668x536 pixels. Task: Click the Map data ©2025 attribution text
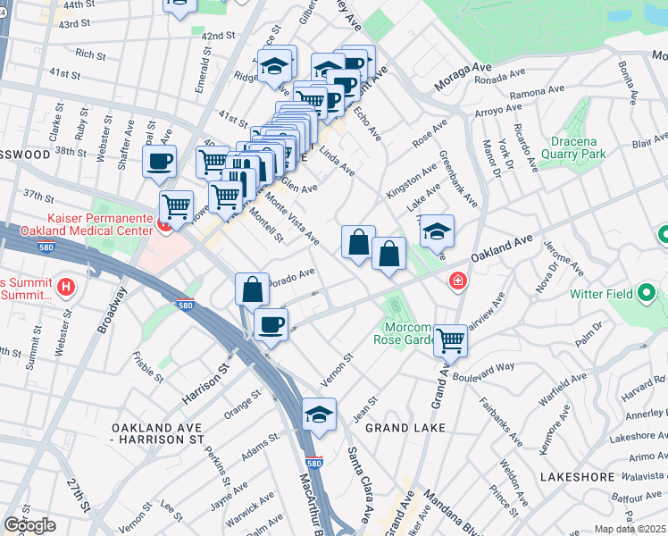[630, 529]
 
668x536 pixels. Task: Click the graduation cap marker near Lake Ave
[437, 231]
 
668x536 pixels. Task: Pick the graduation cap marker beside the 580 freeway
[319, 415]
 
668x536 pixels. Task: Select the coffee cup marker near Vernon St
[271, 325]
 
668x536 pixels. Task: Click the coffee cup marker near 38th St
[160, 163]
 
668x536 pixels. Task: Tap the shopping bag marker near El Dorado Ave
[252, 289]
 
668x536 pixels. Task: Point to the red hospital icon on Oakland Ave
[458, 281]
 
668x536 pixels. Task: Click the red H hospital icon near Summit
[65, 288]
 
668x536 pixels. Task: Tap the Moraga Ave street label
[463, 77]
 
